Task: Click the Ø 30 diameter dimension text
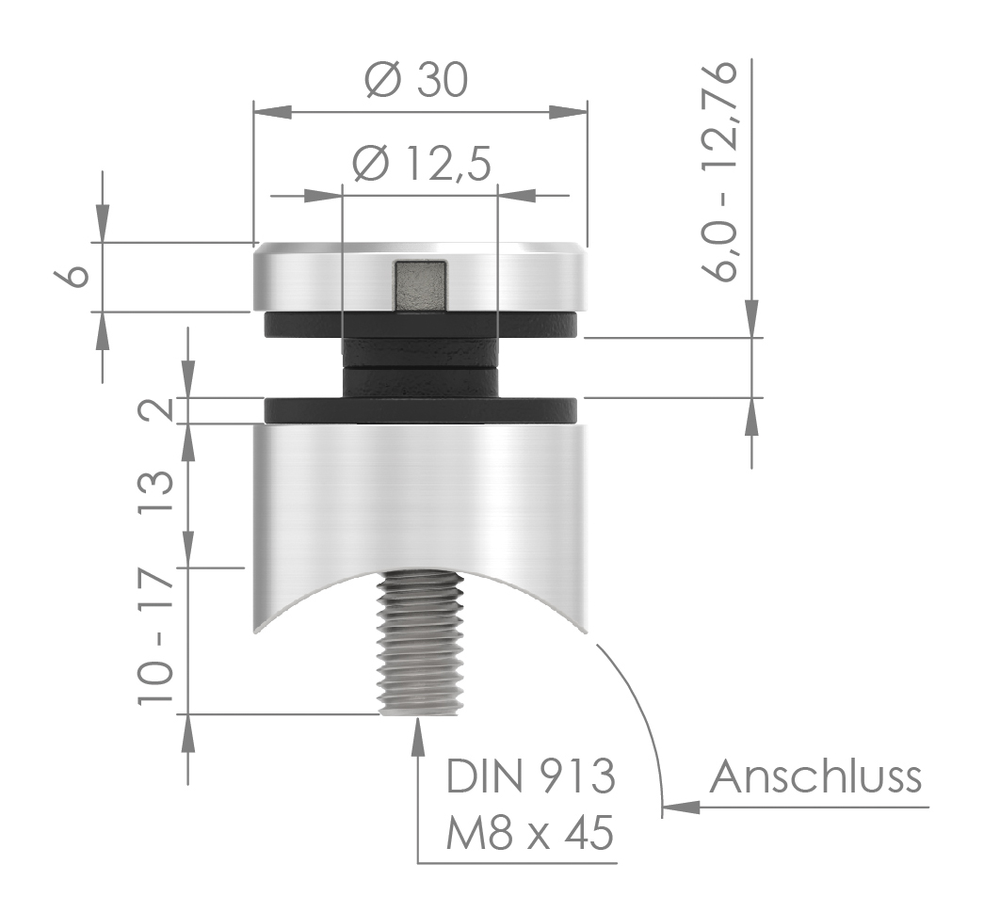pyautogui.click(x=415, y=82)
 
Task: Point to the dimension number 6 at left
pyautogui.click(x=78, y=275)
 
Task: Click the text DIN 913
pyautogui.click(x=531, y=778)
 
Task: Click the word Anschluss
pyautogui.click(x=815, y=778)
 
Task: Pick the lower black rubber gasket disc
pyautogui.click(x=420, y=410)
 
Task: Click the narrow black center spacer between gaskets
pyautogui.click(x=420, y=367)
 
